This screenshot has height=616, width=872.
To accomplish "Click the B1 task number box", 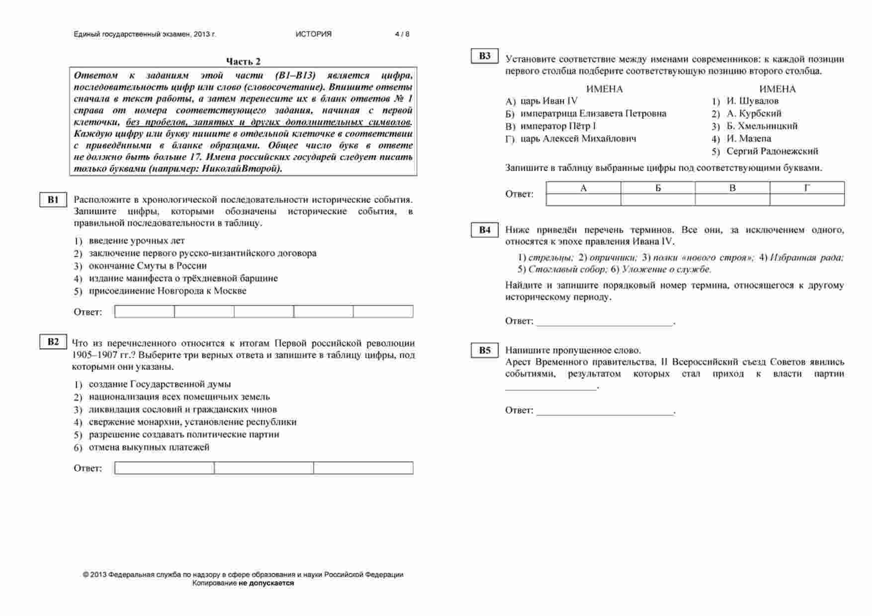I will [x=53, y=200].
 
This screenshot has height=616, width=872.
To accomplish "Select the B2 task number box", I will [x=53, y=342].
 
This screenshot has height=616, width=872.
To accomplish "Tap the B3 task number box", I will [x=485, y=56].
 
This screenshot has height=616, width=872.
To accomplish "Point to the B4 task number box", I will [x=485, y=230].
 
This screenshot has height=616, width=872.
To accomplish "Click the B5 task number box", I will [x=485, y=351].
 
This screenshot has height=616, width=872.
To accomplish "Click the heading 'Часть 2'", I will [x=243, y=61].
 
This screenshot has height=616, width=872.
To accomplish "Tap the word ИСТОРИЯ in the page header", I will [x=313, y=34].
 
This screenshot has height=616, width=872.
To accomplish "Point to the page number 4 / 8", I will [x=402, y=34].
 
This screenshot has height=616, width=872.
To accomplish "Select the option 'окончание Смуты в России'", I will [x=148, y=266].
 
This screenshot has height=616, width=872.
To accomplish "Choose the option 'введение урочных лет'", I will [x=137, y=241].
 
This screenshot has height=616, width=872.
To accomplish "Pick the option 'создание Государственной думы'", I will [x=160, y=384].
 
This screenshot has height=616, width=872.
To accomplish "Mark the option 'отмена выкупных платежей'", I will [x=149, y=447].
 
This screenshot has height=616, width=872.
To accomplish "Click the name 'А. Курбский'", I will [x=754, y=114].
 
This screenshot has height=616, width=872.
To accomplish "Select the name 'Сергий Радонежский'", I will [x=772, y=151].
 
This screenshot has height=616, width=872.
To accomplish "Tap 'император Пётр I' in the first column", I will [x=558, y=126].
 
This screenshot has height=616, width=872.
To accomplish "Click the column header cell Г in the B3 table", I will [x=807, y=188].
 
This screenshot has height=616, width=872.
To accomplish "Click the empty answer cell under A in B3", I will [x=583, y=200].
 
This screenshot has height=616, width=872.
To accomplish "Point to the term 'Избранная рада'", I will [x=806, y=258].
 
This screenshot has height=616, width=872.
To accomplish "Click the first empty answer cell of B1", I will [x=145, y=312].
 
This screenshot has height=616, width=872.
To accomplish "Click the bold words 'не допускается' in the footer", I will [x=266, y=583].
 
